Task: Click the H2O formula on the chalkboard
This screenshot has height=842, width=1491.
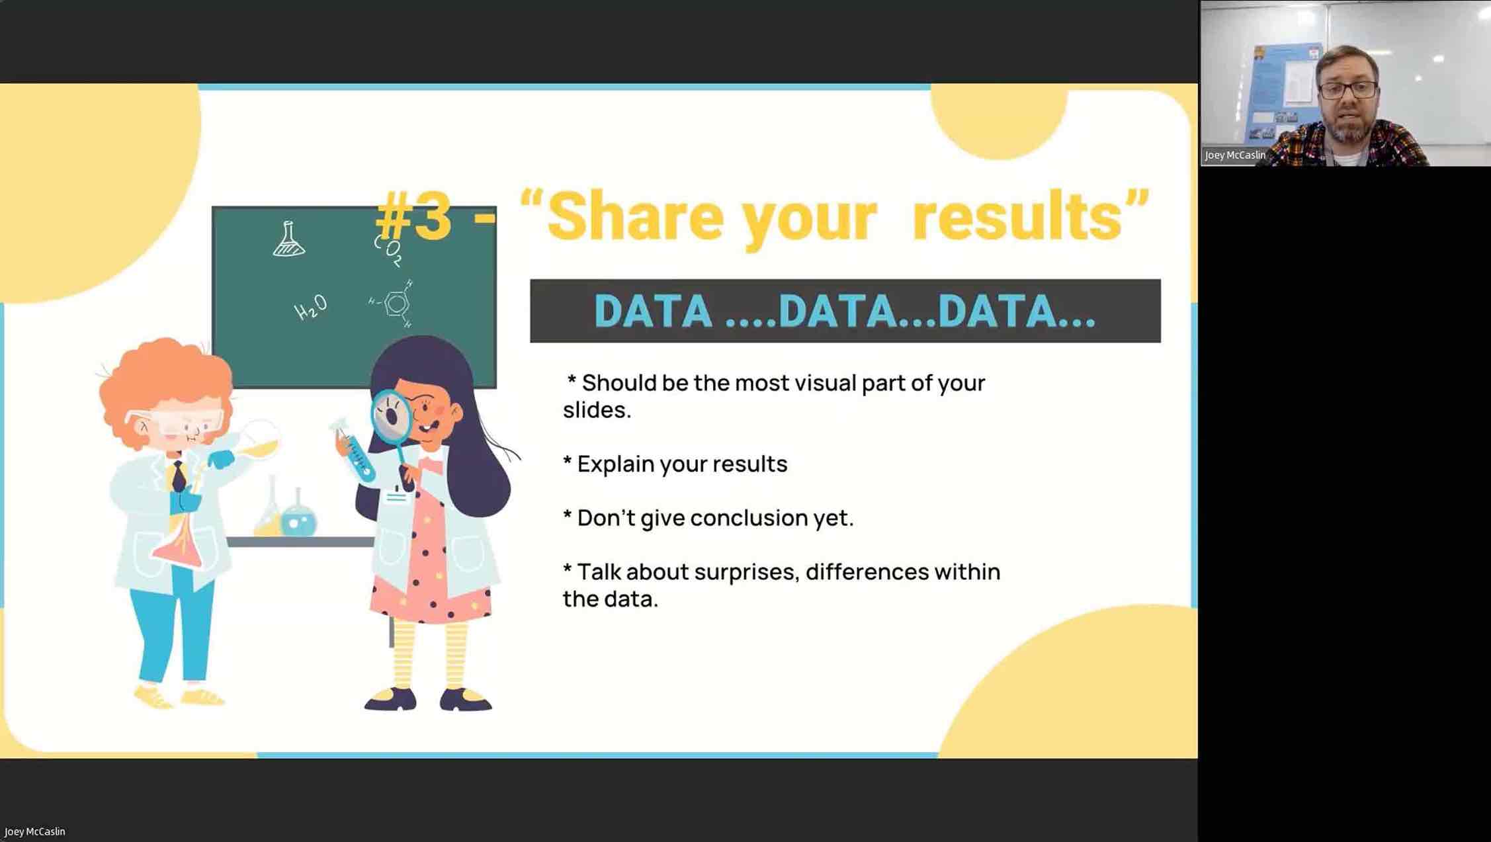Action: pos(310,308)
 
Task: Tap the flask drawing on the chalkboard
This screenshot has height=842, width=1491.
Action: pos(288,239)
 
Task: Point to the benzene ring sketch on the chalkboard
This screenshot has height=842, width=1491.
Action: pos(395,304)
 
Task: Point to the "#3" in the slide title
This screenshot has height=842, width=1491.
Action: pos(414,216)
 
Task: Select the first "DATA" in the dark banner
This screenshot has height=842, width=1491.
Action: pos(654,311)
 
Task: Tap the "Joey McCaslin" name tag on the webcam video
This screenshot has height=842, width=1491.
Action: pos(1234,155)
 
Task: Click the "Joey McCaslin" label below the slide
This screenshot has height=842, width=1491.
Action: pos(34,831)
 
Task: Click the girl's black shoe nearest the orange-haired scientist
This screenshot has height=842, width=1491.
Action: pos(390,699)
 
